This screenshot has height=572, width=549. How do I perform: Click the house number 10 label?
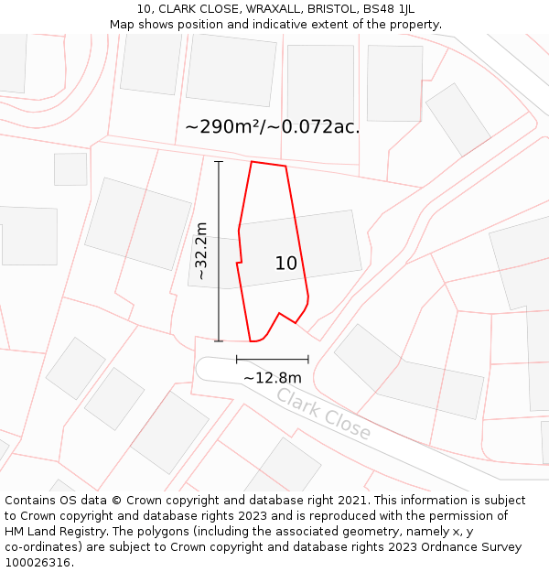(286, 264)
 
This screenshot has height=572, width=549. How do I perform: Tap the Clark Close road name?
(323, 414)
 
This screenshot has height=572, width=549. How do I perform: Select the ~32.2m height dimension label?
(202, 251)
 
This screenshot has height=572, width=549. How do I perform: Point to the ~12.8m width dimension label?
(272, 377)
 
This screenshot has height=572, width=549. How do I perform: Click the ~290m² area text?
(224, 127)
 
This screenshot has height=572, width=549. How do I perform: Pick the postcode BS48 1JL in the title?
(389, 9)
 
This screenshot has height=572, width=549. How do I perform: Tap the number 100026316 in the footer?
(37, 563)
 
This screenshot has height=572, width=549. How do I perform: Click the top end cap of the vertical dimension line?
(219, 162)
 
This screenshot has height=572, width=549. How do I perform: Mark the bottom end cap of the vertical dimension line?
(219, 341)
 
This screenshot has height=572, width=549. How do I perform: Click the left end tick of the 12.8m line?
(237, 360)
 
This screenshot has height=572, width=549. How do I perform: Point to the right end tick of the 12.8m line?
(308, 360)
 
